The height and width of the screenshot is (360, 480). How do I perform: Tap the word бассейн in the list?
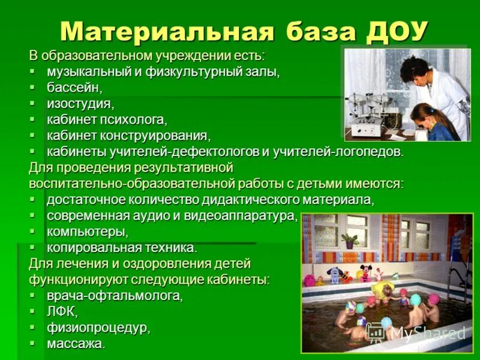tap(74, 88)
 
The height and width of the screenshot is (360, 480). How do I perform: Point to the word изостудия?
tap(80, 103)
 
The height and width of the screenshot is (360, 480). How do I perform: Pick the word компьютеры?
tap(87, 231)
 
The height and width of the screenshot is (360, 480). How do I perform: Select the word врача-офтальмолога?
tap(114, 296)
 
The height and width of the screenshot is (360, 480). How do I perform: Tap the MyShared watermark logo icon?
tap(376, 332)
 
